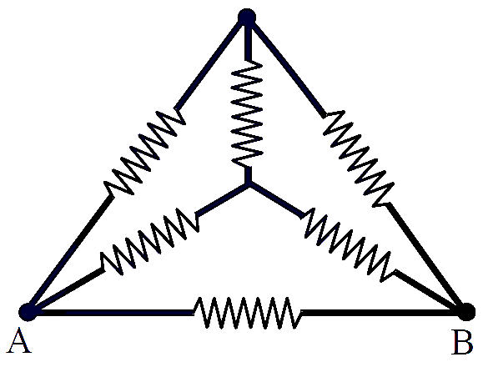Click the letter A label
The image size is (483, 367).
(x=19, y=340)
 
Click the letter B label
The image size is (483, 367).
(x=462, y=342)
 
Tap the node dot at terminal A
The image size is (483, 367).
(x=28, y=312)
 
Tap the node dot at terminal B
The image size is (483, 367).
(x=466, y=312)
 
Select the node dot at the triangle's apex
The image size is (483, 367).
(x=247, y=18)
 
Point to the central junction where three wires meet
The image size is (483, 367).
(x=249, y=183)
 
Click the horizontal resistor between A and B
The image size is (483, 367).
(x=248, y=313)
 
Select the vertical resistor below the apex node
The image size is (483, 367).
(x=247, y=114)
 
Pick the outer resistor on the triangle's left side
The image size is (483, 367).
(x=145, y=153)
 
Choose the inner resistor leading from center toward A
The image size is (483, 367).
(x=150, y=241)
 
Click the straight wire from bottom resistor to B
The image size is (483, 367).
(x=380, y=313)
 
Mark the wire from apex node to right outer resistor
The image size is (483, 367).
(x=287, y=68)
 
